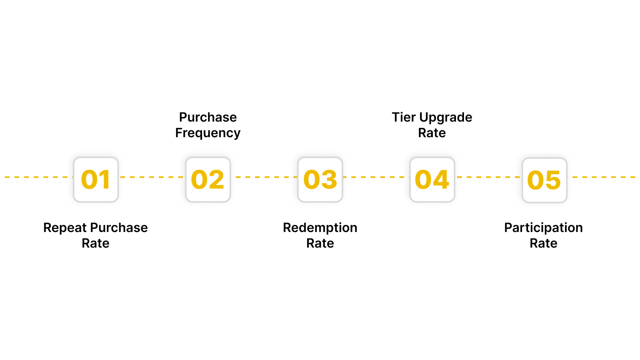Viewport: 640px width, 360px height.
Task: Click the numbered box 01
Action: pyautogui.click(x=96, y=180)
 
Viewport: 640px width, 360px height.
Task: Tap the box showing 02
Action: pyautogui.click(x=208, y=180)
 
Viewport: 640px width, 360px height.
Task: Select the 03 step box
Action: pyautogui.click(x=320, y=180)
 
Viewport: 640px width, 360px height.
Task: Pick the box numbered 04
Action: pyautogui.click(x=432, y=180)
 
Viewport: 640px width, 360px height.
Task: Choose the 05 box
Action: pyautogui.click(x=544, y=180)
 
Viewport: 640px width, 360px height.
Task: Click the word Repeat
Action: pyautogui.click(x=65, y=228)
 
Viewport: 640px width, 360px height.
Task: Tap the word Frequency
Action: pyautogui.click(x=208, y=133)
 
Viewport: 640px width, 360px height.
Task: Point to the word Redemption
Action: pyautogui.click(x=320, y=228)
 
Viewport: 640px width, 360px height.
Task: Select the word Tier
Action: pyautogui.click(x=404, y=117)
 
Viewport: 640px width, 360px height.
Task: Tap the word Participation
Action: pyautogui.click(x=543, y=228)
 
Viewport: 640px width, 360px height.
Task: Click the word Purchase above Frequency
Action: pyautogui.click(x=208, y=117)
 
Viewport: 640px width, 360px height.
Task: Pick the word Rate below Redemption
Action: pyautogui.click(x=320, y=243)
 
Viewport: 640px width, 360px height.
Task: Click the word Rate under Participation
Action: pyautogui.click(x=543, y=243)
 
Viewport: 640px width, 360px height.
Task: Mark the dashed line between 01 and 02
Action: pyautogui.click(x=152, y=177)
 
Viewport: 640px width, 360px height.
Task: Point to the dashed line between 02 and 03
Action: pyautogui.click(x=264, y=177)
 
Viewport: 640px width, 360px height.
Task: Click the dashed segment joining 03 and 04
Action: pyautogui.click(x=376, y=177)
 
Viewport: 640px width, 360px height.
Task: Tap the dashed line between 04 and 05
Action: pyautogui.click(x=488, y=177)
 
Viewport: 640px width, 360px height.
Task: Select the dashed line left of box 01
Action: pyautogui.click(x=38, y=177)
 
